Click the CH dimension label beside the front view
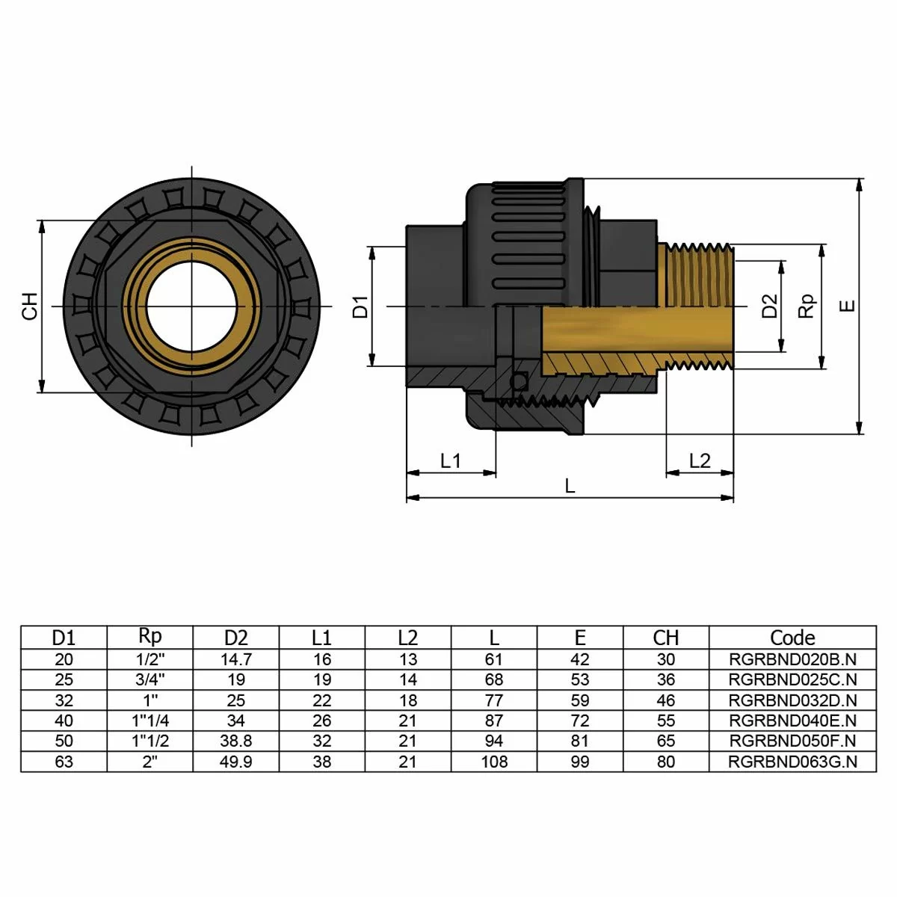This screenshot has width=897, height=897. pos(29,306)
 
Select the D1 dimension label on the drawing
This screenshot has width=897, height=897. pos(361,306)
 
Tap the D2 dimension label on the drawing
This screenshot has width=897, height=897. pos(769,306)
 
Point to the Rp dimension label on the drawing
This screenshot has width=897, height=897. pos(807,306)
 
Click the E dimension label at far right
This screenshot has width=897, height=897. pos(847,306)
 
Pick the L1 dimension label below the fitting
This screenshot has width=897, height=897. pos(451,460)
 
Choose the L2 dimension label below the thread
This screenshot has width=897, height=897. pos(700,460)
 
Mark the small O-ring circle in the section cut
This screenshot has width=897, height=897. pos(518,383)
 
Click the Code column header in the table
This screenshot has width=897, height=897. pos(792,638)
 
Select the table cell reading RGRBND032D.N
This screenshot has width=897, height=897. pos(792,700)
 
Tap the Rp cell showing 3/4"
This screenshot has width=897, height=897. pos(150,679)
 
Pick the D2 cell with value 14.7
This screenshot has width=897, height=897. pos(235,659)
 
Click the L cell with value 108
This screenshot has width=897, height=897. pos(494,762)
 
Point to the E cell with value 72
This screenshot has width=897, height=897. pos(580,721)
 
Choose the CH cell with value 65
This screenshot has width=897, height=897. pos(665,742)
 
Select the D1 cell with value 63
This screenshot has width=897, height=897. pos(64,762)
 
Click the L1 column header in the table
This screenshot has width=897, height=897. pos(321,638)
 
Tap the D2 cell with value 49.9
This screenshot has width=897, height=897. pos(235,762)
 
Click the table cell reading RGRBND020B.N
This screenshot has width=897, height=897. pos(792,659)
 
